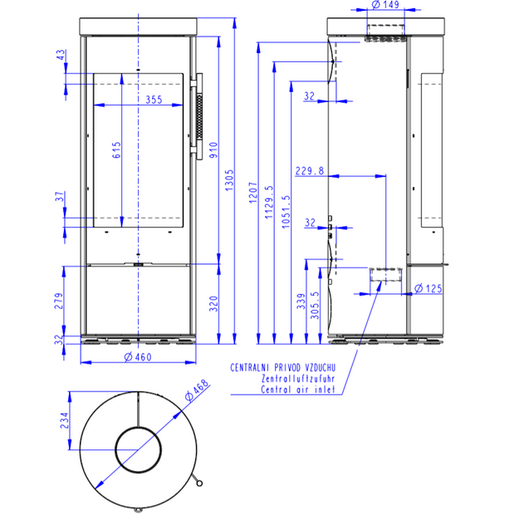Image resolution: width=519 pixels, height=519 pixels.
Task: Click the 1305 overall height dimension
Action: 229,180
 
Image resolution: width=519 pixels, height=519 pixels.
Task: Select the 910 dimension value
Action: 213,150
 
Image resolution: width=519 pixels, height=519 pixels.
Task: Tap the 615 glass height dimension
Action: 116,150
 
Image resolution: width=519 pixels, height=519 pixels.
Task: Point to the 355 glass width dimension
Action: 154,100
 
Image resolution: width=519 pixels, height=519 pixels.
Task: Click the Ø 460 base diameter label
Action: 138,357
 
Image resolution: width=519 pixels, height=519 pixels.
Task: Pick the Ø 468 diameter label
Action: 198,390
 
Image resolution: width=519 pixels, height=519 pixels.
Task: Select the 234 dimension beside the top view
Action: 64,420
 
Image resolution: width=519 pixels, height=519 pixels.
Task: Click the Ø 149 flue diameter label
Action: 385,5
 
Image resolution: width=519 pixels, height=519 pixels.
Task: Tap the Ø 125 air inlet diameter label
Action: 428,288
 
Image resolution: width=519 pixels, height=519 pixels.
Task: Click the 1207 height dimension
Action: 253,193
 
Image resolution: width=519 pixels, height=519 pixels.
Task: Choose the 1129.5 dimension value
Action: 269,202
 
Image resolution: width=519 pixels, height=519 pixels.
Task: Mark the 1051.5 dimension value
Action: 286,212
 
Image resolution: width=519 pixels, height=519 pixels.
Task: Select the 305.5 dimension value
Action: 315,306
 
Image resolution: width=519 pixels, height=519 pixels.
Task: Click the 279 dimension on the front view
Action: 59,301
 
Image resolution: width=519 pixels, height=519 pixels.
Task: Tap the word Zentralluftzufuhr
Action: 298,379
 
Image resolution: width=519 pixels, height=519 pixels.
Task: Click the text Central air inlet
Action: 298,389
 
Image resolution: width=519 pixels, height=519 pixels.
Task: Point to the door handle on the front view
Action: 199,116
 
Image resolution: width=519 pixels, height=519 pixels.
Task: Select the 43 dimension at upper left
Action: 61,55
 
